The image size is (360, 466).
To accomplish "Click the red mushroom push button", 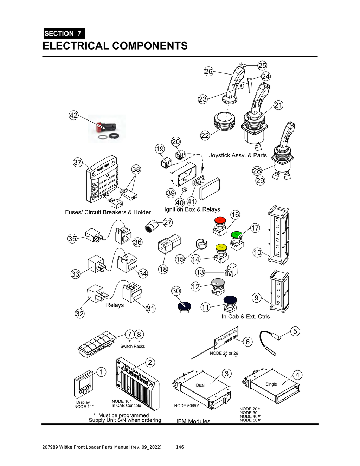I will pyautogui.click(x=220, y=220).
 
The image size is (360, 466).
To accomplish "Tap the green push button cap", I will pyautogui.click(x=237, y=234).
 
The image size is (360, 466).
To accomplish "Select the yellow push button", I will pyautogui.click(x=221, y=247).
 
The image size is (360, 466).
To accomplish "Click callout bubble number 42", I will pyautogui.click(x=73, y=115).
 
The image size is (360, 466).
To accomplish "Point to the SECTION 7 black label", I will pyautogui.click(x=64, y=34).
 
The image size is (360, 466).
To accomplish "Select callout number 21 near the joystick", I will pyautogui.click(x=278, y=105).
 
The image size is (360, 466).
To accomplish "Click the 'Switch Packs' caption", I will pyautogui.click(x=133, y=347).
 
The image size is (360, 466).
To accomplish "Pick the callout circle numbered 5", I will pyautogui.click(x=295, y=331).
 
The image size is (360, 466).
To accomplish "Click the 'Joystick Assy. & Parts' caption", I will pyautogui.click(x=238, y=155).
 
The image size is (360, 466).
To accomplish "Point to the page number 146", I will pyautogui.click(x=180, y=447).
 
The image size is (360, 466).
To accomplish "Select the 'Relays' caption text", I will pyautogui.click(x=115, y=305).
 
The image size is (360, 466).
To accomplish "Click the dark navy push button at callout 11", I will pyautogui.click(x=230, y=300).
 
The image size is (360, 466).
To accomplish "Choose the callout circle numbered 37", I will pyautogui.click(x=77, y=162).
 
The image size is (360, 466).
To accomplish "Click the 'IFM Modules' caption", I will pyautogui.click(x=193, y=421).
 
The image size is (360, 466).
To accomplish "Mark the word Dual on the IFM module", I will pyautogui.click(x=200, y=385).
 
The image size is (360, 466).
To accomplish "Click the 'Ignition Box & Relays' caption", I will pyautogui.click(x=192, y=209).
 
